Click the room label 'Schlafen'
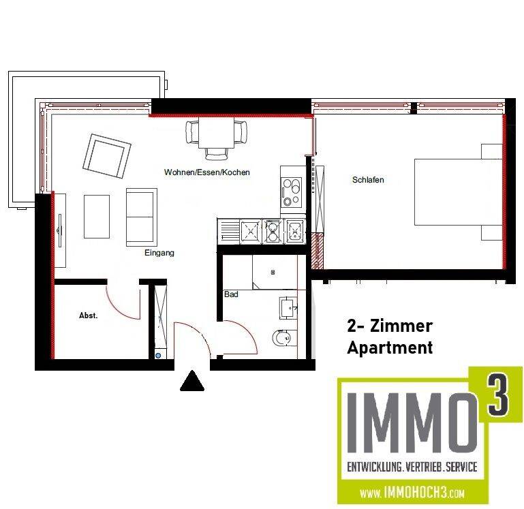[368, 180]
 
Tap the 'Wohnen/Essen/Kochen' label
[206, 172]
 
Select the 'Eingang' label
[159, 253]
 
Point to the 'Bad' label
[230, 295]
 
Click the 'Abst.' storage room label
[89, 315]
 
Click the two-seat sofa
[140, 217]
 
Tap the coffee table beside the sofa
[96, 217]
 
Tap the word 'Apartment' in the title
[390, 348]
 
